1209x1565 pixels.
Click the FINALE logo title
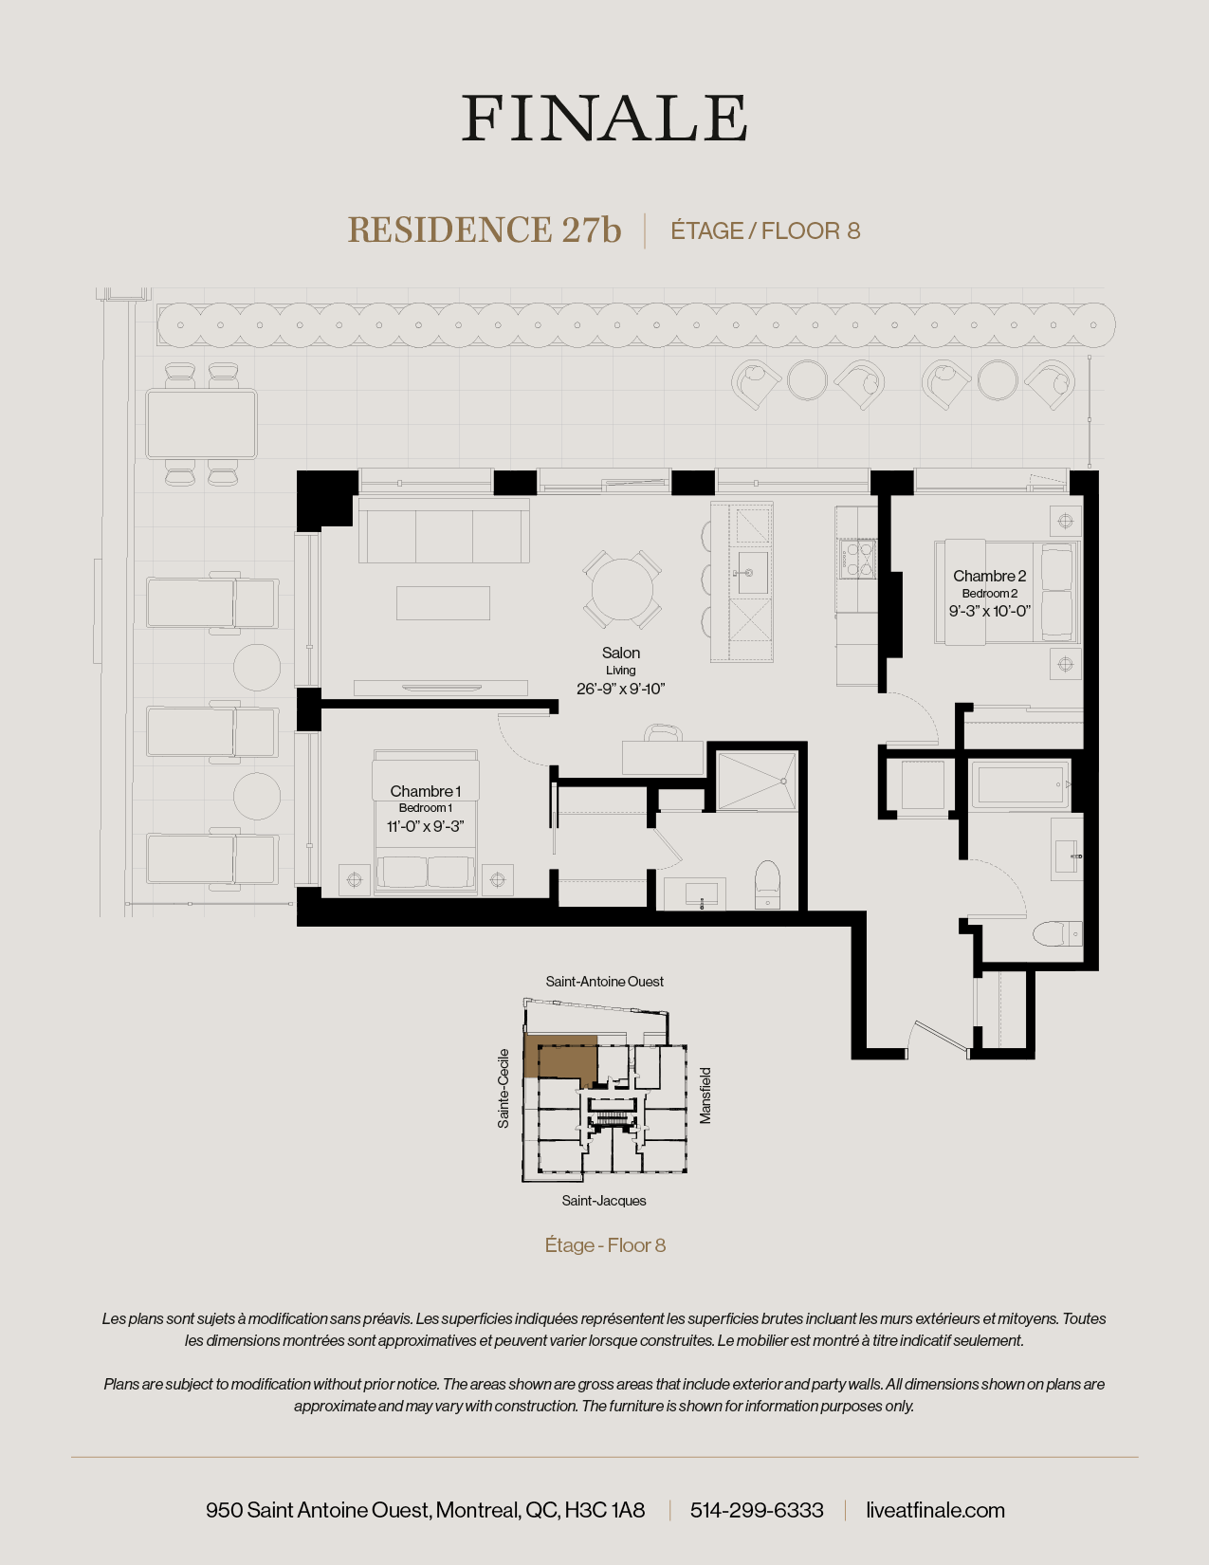click(x=604, y=119)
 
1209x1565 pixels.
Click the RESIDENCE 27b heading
click(x=484, y=230)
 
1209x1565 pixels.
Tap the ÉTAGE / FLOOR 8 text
click(x=765, y=231)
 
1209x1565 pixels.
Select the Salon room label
click(x=621, y=653)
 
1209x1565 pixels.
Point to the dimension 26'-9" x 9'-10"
click(x=621, y=689)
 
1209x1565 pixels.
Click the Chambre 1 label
click(x=425, y=791)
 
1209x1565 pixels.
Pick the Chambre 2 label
click(x=989, y=576)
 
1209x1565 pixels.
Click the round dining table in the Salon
click(x=622, y=589)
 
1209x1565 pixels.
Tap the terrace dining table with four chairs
click(x=201, y=424)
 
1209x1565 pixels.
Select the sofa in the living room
click(x=443, y=533)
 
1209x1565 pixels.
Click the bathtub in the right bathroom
click(x=1019, y=784)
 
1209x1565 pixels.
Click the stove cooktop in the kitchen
click(x=855, y=559)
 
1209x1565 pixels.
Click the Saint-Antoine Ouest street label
click(x=604, y=982)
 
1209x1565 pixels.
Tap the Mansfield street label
click(x=705, y=1095)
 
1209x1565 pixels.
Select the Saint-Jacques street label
click(x=604, y=1201)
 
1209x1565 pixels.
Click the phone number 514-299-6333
click(x=757, y=1510)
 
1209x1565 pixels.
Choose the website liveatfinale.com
click(x=935, y=1510)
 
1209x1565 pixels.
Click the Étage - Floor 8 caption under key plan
click(x=605, y=1245)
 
